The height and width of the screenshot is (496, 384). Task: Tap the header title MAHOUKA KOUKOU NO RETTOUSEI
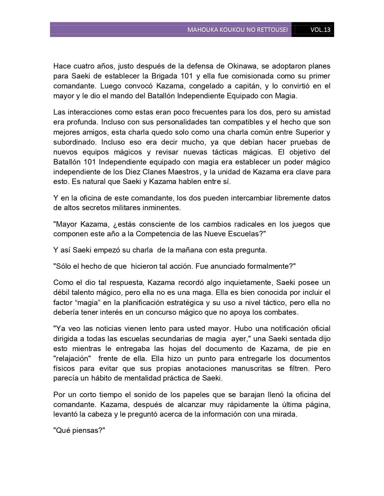pyautogui.click(x=237, y=30)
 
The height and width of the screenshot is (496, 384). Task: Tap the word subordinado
pyautogui.click(x=75, y=142)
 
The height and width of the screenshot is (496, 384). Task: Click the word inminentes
pyautogui.click(x=163, y=208)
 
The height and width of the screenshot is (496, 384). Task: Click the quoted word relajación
pyautogui.click(x=72, y=359)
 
